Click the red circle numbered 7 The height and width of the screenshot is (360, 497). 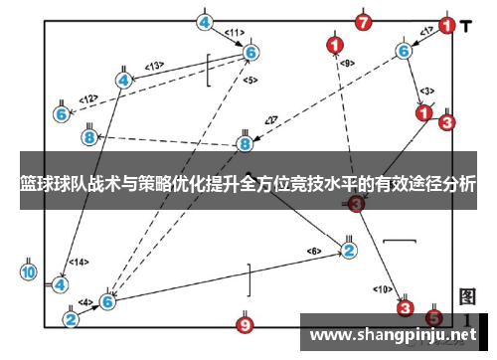point(364,22)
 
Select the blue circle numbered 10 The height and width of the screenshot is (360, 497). point(28,270)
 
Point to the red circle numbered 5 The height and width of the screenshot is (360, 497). point(433,317)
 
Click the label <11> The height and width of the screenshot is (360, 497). point(235,33)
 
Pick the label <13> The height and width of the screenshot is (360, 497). point(154,66)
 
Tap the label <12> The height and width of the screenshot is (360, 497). point(88,98)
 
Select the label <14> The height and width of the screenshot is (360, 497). point(79,262)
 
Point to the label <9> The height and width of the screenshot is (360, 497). point(346,63)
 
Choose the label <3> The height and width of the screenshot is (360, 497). point(425,90)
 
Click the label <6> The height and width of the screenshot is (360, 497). point(314,250)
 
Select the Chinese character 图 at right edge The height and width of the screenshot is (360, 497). point(468,297)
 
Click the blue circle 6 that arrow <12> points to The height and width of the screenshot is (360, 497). point(62,114)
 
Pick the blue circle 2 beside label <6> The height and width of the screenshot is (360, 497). point(349,250)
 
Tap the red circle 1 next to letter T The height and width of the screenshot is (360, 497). point(447,25)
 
